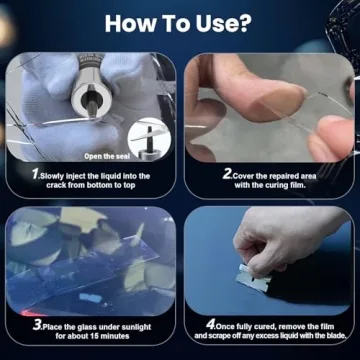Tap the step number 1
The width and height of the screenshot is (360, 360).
point(36,175)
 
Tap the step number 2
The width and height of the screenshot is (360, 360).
point(228,175)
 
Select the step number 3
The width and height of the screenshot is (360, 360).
point(37,326)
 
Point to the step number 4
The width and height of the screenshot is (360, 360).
point(210,325)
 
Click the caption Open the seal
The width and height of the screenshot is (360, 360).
point(107,156)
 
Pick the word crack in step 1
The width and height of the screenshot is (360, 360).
point(56,185)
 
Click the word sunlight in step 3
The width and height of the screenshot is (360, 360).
point(134,328)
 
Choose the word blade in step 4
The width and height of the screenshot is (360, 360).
point(335,335)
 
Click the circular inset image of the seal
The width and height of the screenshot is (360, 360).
point(149,138)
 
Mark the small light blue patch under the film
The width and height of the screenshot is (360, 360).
point(90,297)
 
